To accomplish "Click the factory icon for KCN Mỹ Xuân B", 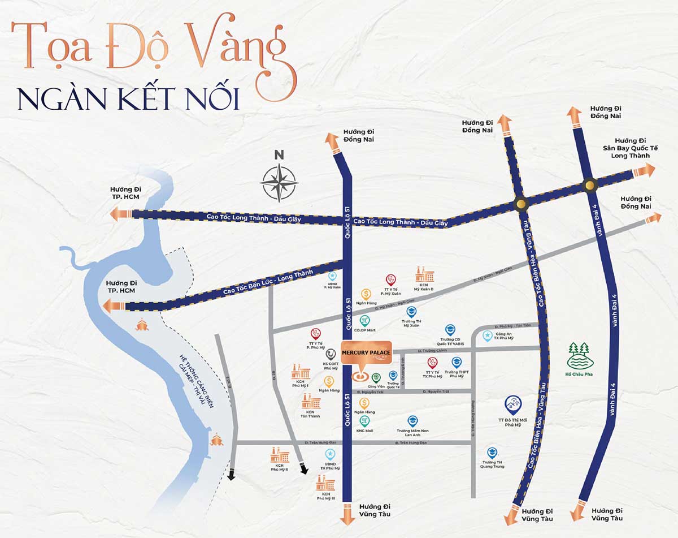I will point(424,274).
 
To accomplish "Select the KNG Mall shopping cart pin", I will point(364,421).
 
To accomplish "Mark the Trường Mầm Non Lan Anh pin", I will point(412,421).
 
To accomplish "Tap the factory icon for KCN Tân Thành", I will point(311,401).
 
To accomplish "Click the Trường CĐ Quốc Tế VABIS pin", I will point(450,329).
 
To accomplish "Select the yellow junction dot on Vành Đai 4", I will point(590,184).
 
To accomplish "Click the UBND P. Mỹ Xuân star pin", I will point(333,276).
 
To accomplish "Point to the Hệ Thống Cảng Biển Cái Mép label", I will point(189,388).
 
